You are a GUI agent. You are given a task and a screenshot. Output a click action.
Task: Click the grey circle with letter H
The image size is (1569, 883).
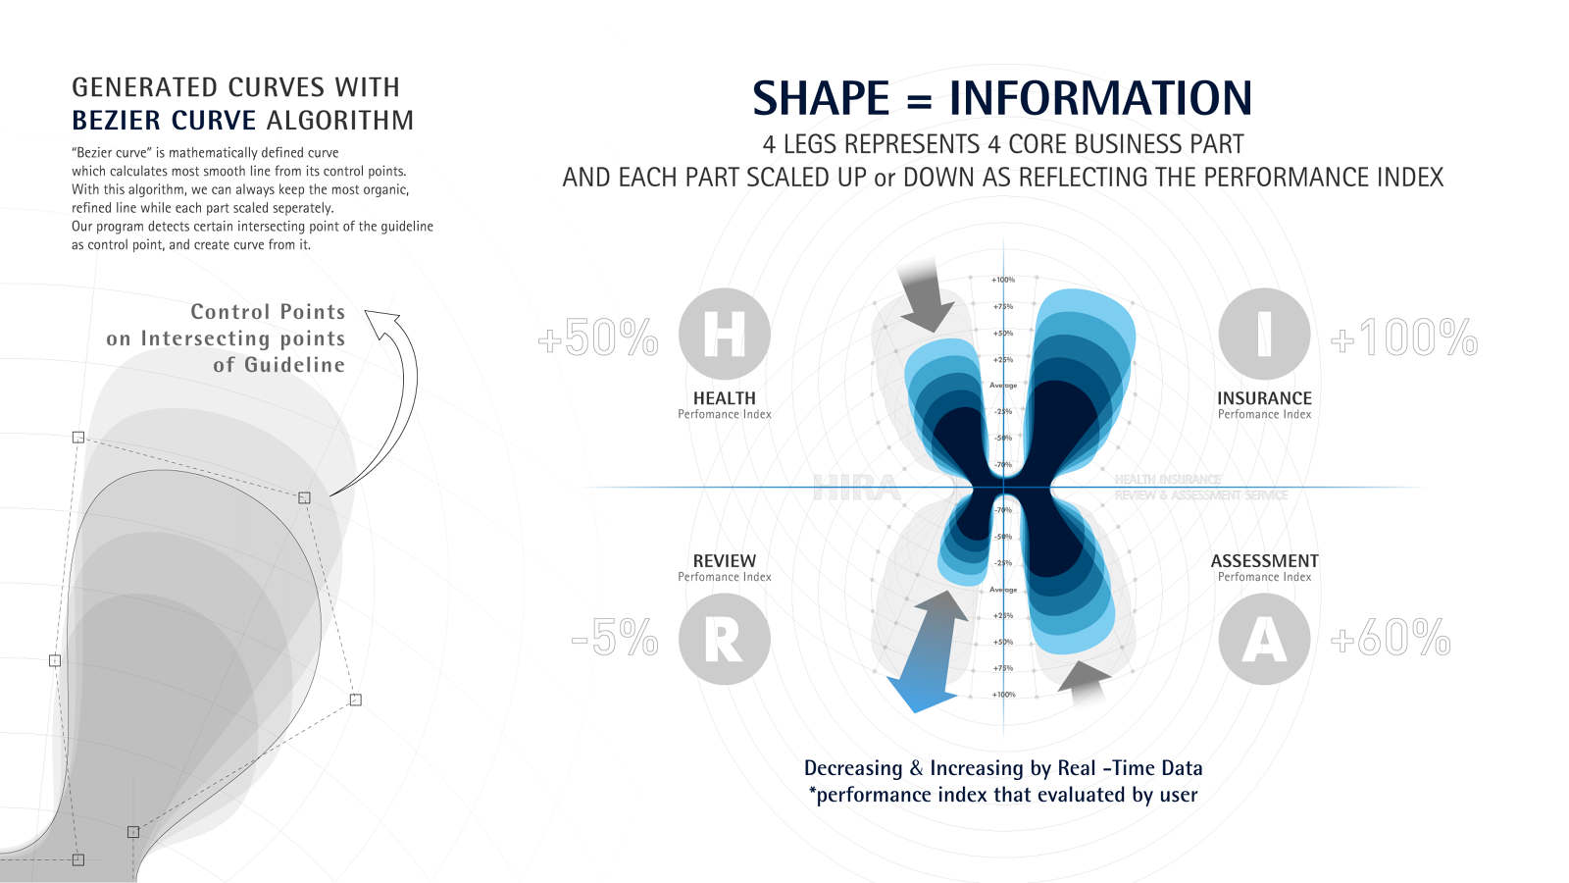tap(724, 334)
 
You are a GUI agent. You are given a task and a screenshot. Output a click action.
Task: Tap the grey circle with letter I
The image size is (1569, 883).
tap(1264, 334)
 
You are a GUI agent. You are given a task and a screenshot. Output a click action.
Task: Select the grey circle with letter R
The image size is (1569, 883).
tap(724, 639)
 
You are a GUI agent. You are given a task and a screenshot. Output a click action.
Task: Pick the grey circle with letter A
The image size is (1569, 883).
tap(1264, 639)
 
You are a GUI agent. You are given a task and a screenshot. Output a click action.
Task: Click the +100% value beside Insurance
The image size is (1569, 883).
tap(1404, 338)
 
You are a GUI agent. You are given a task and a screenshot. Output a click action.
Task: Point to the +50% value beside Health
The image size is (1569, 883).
tap(598, 338)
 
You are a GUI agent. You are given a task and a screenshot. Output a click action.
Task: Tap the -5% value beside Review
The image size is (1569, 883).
tap(615, 638)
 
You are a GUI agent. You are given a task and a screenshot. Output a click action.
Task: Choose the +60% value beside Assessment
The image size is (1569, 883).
tap(1391, 638)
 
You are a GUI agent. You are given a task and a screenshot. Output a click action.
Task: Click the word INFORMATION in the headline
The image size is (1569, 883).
tap(1100, 99)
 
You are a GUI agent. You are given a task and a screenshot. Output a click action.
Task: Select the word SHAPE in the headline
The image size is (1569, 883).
tap(821, 99)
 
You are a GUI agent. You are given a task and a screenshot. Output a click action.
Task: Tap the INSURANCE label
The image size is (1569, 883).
tap(1264, 398)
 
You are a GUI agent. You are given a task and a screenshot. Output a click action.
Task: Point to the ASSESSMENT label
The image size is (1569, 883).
tap(1264, 561)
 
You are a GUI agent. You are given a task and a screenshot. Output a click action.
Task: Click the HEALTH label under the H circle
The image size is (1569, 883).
tap(724, 398)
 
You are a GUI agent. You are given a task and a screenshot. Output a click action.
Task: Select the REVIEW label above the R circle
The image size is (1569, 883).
tap(724, 561)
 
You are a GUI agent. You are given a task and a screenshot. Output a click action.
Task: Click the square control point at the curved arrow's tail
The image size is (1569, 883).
tap(304, 497)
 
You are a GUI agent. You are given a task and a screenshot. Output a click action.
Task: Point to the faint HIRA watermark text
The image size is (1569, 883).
tap(856, 488)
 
